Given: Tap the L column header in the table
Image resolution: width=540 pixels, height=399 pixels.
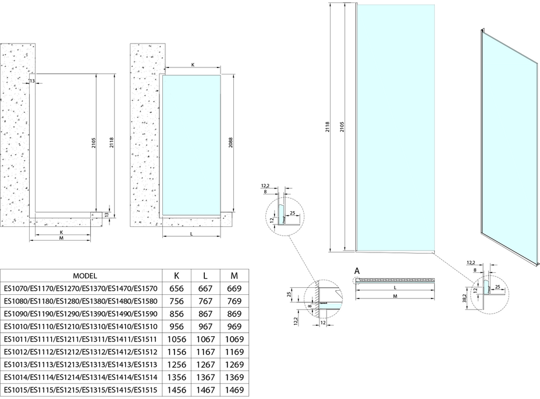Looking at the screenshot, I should coord(205,276).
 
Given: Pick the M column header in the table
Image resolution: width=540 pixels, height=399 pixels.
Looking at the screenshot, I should coord(234,276).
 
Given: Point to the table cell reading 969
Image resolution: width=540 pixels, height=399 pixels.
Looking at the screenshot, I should coord(234,327).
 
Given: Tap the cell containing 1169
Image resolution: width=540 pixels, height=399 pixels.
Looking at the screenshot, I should coord(234,352).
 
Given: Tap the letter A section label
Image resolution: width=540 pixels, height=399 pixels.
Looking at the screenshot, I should coord(357,271).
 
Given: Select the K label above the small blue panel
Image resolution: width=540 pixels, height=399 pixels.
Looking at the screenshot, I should coord(193,66).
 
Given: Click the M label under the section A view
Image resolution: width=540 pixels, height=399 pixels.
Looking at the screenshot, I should coord(395,297).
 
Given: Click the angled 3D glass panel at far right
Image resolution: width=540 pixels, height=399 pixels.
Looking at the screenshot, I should coord(508,140).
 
